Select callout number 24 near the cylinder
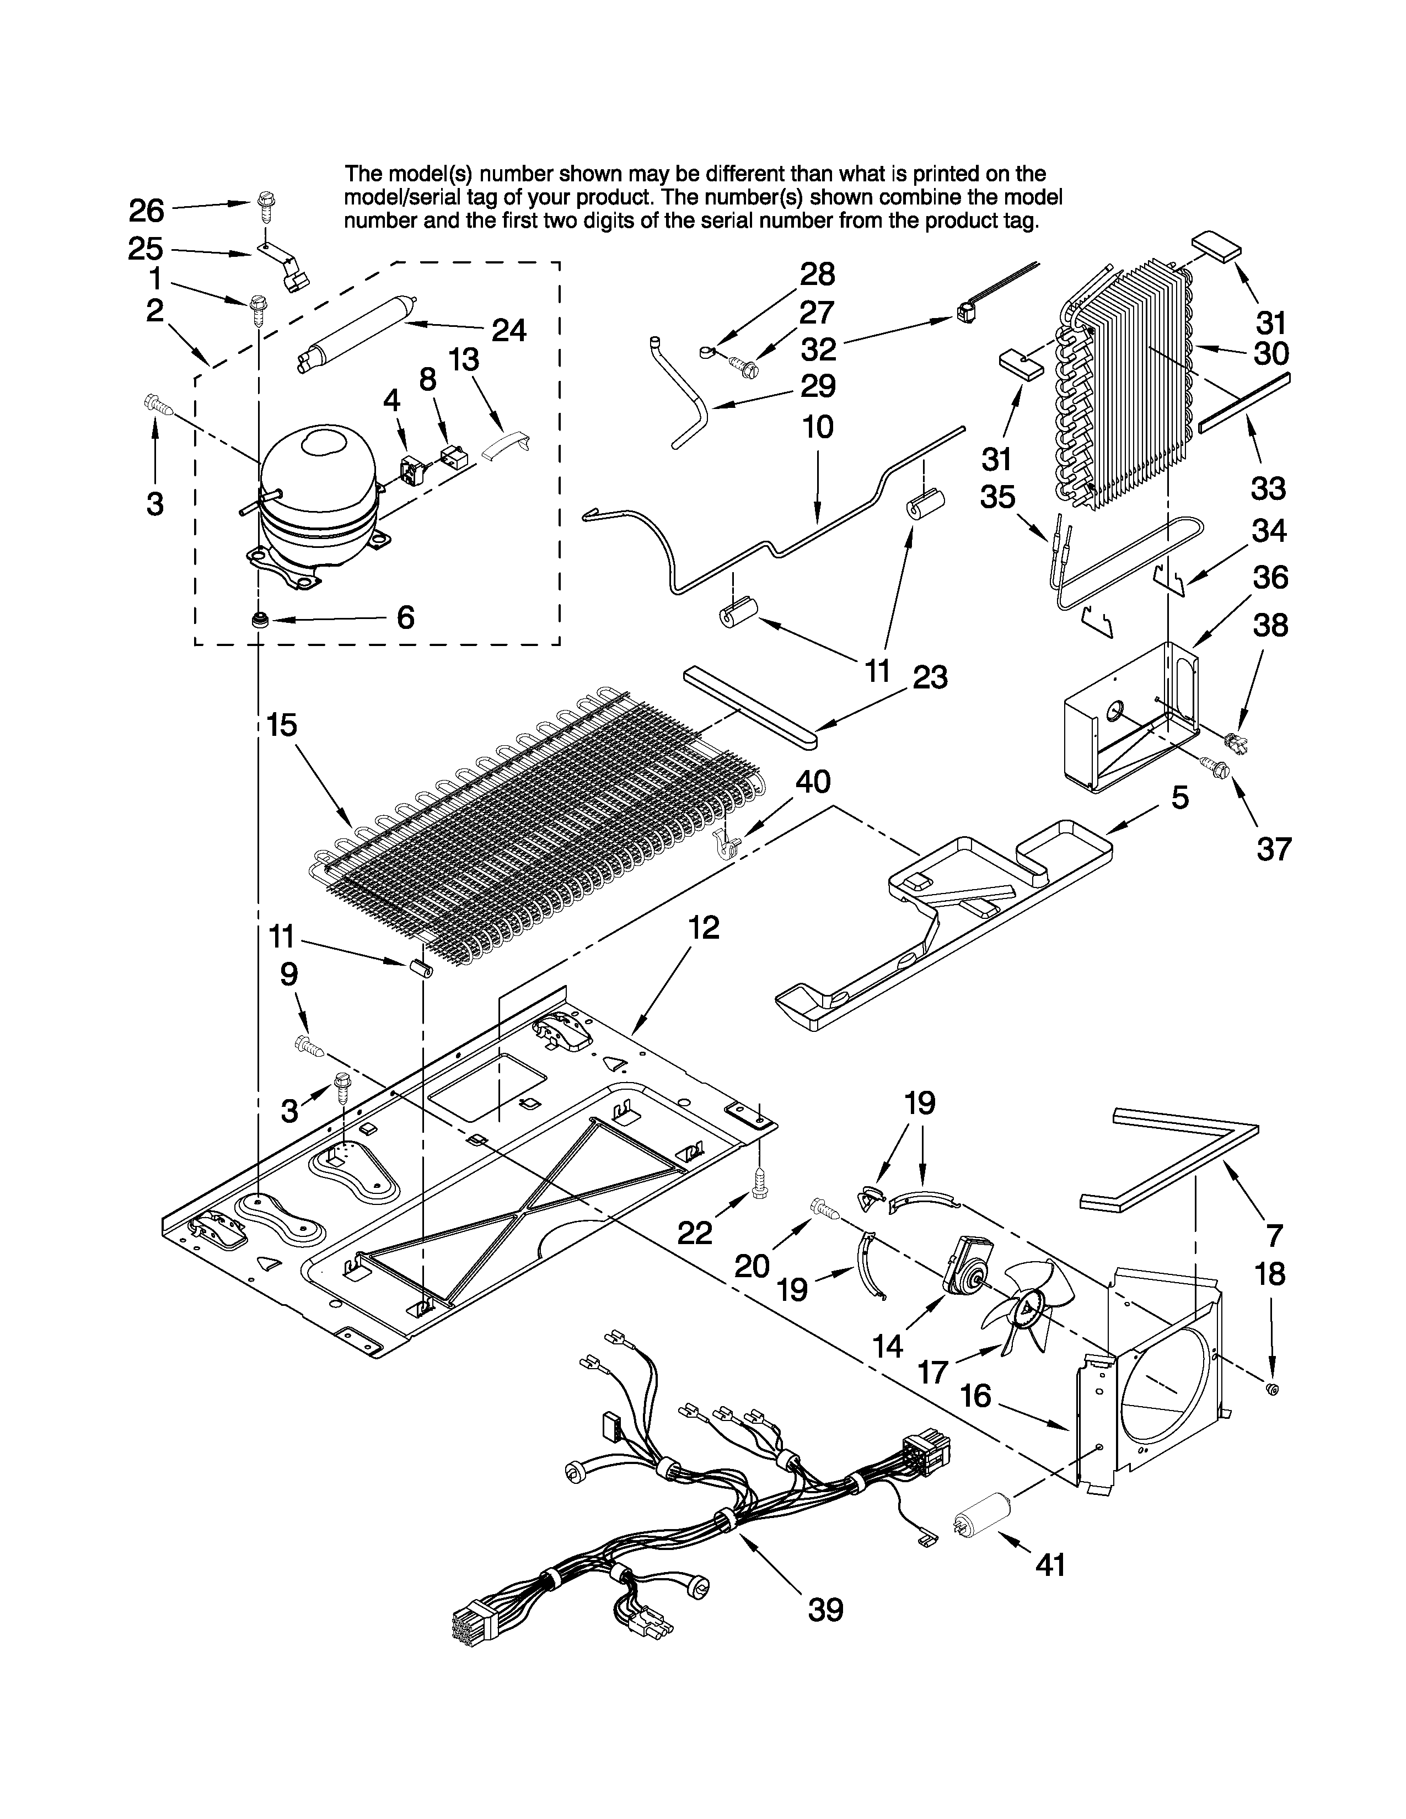(508, 331)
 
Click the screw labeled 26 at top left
(266, 203)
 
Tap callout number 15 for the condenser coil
(282, 725)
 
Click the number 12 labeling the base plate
(704, 927)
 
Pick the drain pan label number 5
(1179, 798)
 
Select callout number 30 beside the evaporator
(1271, 353)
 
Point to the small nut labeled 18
(1272, 1389)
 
